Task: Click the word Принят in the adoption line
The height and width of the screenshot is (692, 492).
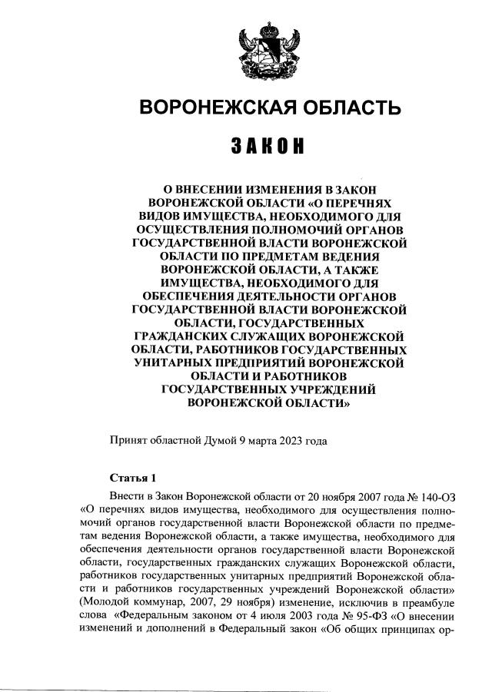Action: coord(129,441)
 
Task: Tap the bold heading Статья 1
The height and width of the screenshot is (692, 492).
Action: coord(133,476)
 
